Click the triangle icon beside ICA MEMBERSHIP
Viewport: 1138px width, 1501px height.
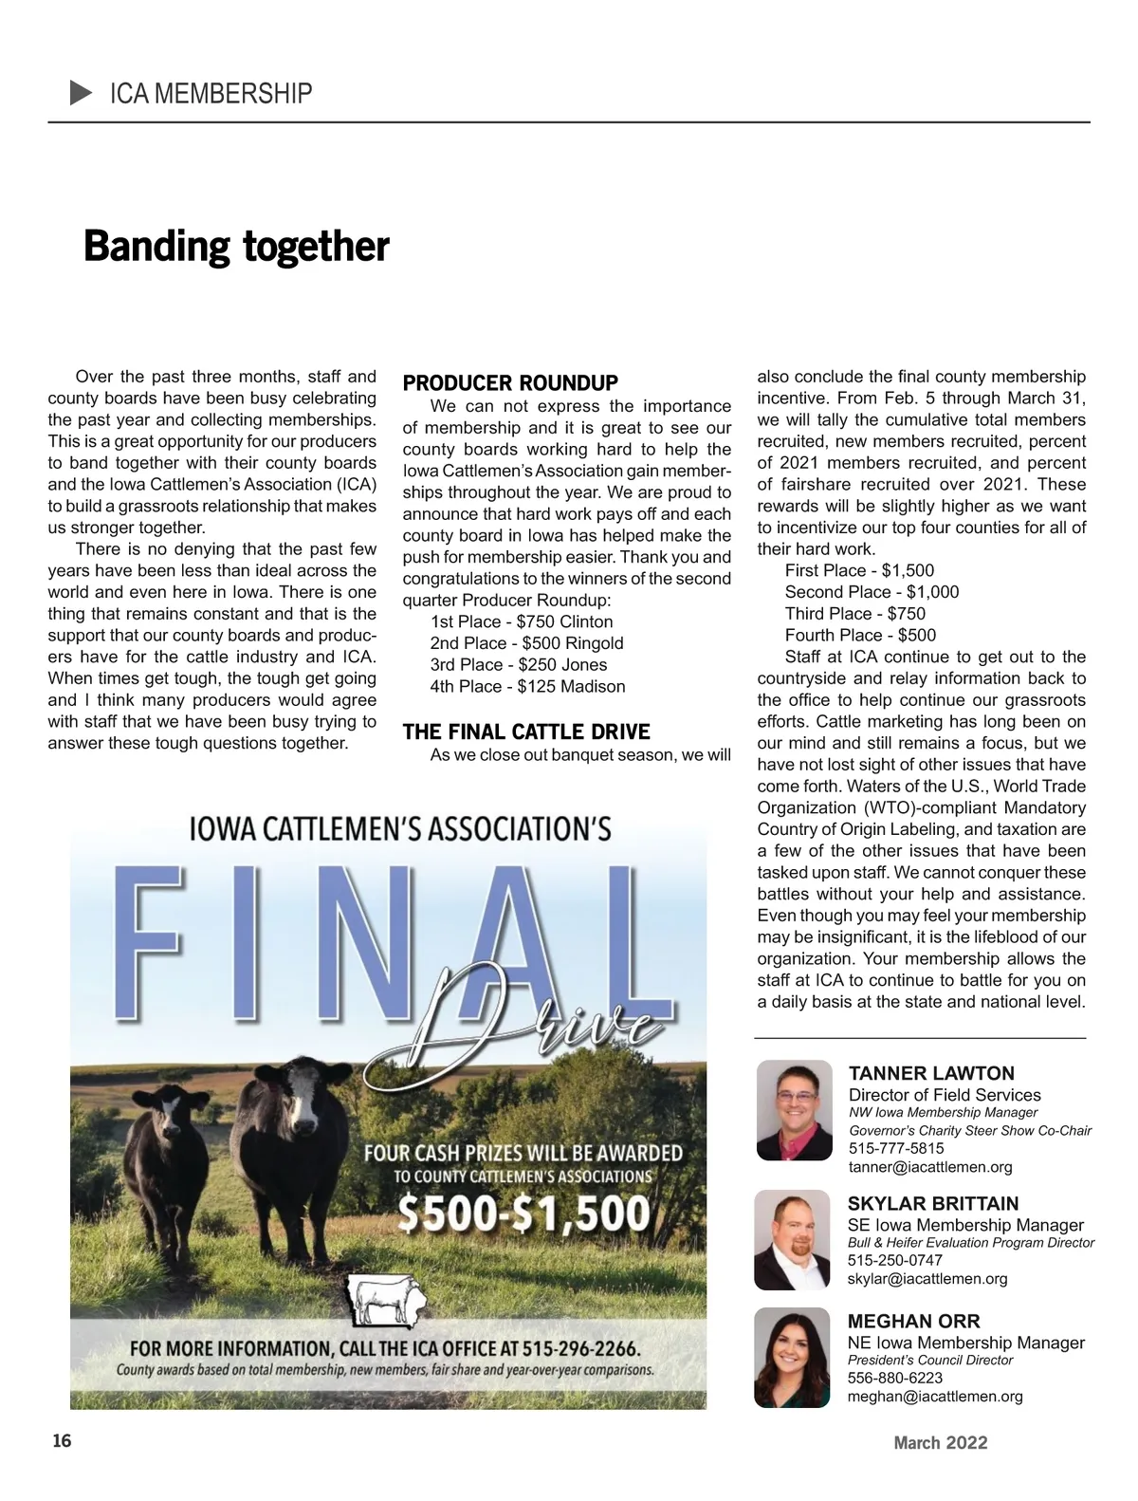(x=81, y=93)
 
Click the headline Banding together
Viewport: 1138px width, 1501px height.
(x=236, y=247)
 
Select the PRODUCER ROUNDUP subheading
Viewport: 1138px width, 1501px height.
(x=510, y=383)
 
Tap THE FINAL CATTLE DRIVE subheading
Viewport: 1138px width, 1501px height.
(x=526, y=732)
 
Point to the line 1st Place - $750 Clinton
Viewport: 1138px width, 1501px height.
(x=522, y=621)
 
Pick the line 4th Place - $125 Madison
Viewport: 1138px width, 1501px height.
(x=527, y=686)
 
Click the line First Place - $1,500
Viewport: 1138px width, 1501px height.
(x=859, y=570)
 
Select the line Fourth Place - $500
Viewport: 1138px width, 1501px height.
(x=860, y=635)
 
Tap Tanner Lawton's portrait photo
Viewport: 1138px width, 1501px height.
(x=794, y=1109)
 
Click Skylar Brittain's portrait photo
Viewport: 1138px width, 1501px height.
(x=793, y=1239)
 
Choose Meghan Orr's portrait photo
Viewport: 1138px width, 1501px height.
(x=793, y=1357)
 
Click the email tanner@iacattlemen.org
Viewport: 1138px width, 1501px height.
(x=930, y=1167)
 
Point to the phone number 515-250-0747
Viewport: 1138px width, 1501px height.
(x=894, y=1260)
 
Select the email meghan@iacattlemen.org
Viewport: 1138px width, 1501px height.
(x=935, y=1397)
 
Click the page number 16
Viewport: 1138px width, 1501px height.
(x=61, y=1441)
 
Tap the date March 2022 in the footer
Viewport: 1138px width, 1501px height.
(x=940, y=1443)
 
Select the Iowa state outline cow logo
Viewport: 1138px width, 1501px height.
(x=384, y=1301)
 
